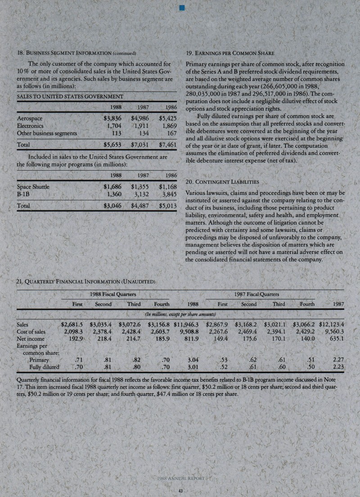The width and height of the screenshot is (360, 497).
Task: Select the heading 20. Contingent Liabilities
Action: tap(221, 181)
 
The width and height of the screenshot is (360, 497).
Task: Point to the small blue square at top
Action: tap(181, 7)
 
